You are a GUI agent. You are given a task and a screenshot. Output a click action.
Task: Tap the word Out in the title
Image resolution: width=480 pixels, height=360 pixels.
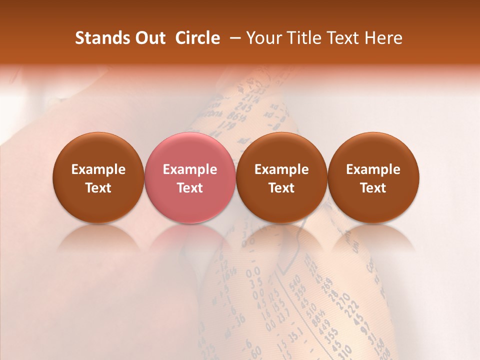(149, 38)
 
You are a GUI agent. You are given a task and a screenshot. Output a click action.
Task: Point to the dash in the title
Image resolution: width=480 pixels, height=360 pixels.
(233, 38)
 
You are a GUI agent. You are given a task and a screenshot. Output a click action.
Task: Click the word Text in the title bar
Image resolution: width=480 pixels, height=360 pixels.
(345, 38)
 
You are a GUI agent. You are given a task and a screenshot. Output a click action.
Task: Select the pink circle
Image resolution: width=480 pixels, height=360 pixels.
(189, 177)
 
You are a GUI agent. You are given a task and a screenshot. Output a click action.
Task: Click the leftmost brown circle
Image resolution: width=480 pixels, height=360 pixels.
(98, 177)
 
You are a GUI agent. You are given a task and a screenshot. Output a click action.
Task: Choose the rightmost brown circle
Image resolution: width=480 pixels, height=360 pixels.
(373, 177)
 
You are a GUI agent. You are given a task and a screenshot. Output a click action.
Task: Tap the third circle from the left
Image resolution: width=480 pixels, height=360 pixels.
(281, 177)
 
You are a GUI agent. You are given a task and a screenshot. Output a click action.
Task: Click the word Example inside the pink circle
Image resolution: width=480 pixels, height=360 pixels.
(189, 169)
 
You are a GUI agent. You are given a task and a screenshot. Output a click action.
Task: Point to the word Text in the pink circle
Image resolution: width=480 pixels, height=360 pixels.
(189, 188)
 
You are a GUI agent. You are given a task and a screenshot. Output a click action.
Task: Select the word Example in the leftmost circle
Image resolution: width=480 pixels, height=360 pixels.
(98, 169)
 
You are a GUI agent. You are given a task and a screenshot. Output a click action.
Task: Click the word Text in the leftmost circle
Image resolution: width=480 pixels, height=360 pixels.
(98, 188)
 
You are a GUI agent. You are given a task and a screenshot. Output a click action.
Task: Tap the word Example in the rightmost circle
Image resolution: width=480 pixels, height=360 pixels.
(373, 169)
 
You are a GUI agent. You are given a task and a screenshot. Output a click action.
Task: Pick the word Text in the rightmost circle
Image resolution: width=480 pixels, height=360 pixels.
(373, 188)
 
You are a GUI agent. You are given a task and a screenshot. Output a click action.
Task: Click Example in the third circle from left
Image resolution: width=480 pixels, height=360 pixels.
(281, 169)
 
